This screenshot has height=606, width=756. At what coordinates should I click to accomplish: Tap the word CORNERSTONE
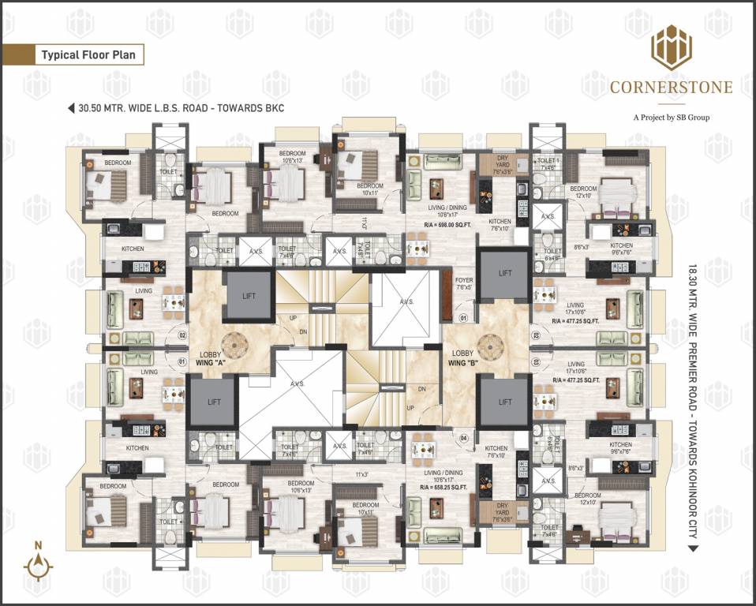(671, 88)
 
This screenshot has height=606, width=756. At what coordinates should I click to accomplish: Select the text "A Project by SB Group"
(671, 118)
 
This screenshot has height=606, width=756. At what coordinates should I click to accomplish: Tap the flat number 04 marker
(464, 436)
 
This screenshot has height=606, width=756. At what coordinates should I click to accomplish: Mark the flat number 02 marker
(182, 335)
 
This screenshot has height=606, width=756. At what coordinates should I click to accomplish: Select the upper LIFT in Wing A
(249, 295)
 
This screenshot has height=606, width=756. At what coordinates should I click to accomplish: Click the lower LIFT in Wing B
(505, 402)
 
